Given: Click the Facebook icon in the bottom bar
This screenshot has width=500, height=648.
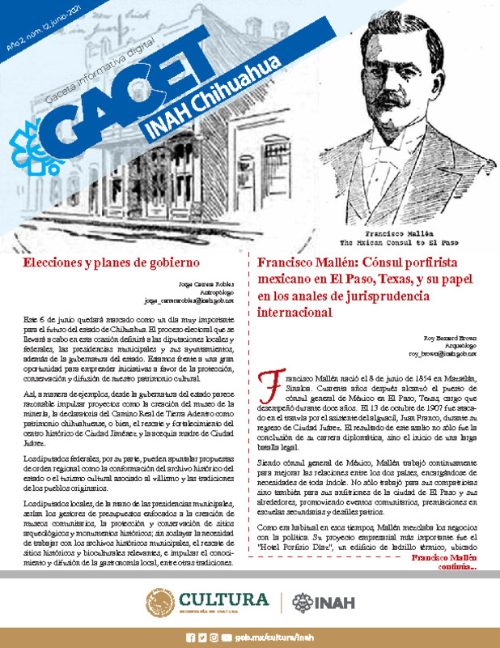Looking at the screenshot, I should coord(191,637).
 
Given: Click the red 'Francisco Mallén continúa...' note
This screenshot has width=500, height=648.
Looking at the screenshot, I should coord(444,563).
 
